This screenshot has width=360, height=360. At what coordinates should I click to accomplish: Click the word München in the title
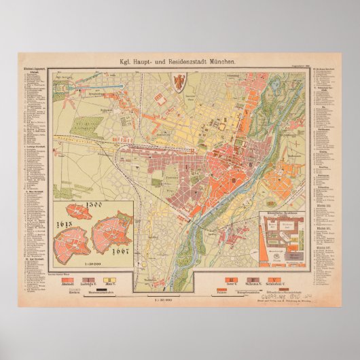pos(219,62)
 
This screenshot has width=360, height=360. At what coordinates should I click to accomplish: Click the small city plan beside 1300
pos(80,213)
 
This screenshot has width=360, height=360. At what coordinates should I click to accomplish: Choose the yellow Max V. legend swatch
pos(108,279)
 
